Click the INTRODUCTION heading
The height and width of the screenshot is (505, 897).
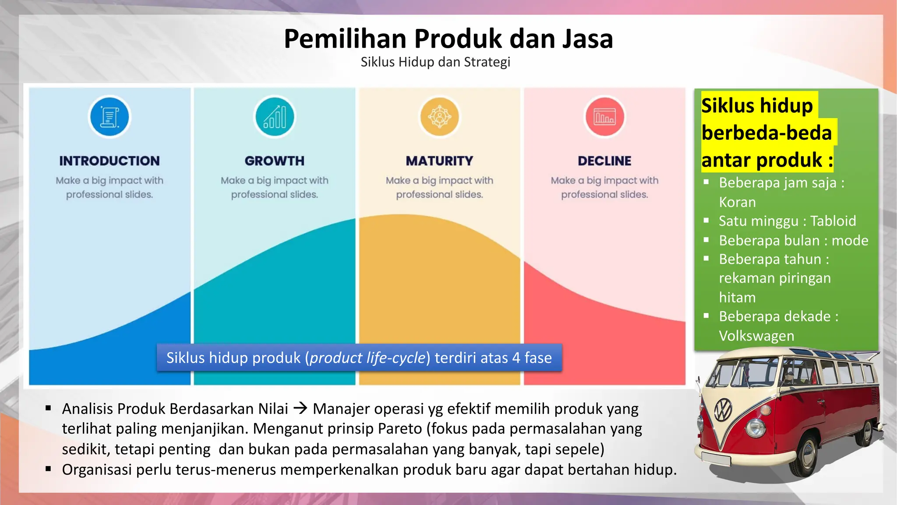click(109, 161)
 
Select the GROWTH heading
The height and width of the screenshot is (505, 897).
click(275, 161)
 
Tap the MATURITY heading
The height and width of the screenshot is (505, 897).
click(439, 161)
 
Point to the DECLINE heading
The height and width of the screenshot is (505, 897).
click(604, 161)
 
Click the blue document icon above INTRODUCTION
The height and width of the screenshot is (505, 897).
click(109, 117)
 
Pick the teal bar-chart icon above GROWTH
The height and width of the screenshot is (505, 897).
click(275, 117)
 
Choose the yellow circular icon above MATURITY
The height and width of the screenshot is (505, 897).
click(439, 117)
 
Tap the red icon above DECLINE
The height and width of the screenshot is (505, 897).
click(604, 117)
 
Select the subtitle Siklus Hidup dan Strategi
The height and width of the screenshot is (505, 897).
click(435, 62)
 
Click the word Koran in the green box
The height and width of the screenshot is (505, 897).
click(737, 202)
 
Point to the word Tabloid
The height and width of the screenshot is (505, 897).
click(833, 221)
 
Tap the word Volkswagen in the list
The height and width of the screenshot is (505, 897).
click(756, 336)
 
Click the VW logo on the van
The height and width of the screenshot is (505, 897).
click(723, 410)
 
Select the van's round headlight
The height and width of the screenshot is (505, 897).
click(755, 427)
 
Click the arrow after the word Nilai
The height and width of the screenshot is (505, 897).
click(300, 409)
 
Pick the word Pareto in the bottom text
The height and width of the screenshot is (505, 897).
click(400, 429)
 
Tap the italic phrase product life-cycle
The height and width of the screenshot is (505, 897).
click(367, 358)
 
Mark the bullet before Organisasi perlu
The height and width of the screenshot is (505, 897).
click(48, 469)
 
